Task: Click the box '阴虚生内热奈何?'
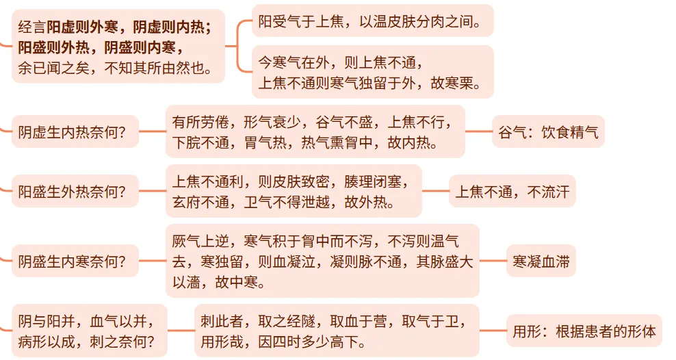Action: point(73,132)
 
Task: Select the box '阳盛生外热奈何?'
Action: point(73,192)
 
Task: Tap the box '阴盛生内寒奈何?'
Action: point(73,261)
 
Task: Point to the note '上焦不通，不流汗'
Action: point(512,192)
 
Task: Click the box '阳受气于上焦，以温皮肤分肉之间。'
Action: point(372,22)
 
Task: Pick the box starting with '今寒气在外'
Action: point(372,73)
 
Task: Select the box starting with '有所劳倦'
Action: point(315,132)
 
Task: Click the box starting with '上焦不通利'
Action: point(294,192)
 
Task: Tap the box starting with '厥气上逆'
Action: point(322,261)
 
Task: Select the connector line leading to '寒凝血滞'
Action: point(493,261)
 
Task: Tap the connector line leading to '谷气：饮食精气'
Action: point(478,132)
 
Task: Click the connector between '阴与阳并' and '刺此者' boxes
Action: point(181,331)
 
